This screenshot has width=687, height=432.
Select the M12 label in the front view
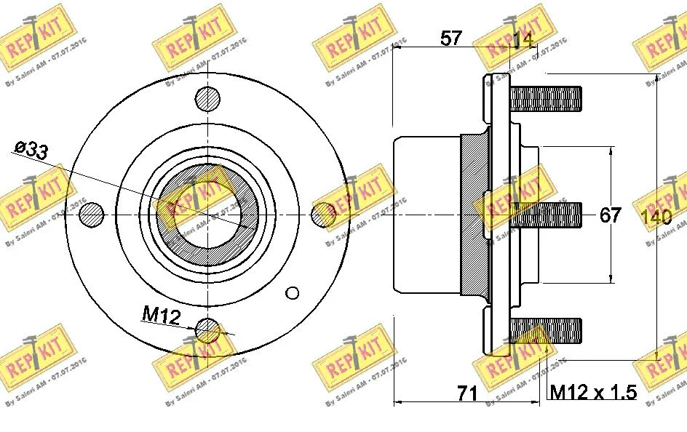pos(161,314)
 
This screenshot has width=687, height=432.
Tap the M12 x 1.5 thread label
pos(592,393)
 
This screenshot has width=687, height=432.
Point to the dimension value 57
pos(451,39)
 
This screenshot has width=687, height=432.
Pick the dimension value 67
pos(610,215)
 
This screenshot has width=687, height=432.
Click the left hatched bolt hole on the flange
pos(92,213)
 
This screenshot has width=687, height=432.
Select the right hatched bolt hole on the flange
pos(323,213)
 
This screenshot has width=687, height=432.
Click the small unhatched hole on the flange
pos(293,293)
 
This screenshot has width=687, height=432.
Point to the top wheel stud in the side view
pos(546,98)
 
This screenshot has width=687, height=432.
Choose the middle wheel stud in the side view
pos(546,213)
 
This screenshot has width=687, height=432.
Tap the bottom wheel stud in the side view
pos(546,329)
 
